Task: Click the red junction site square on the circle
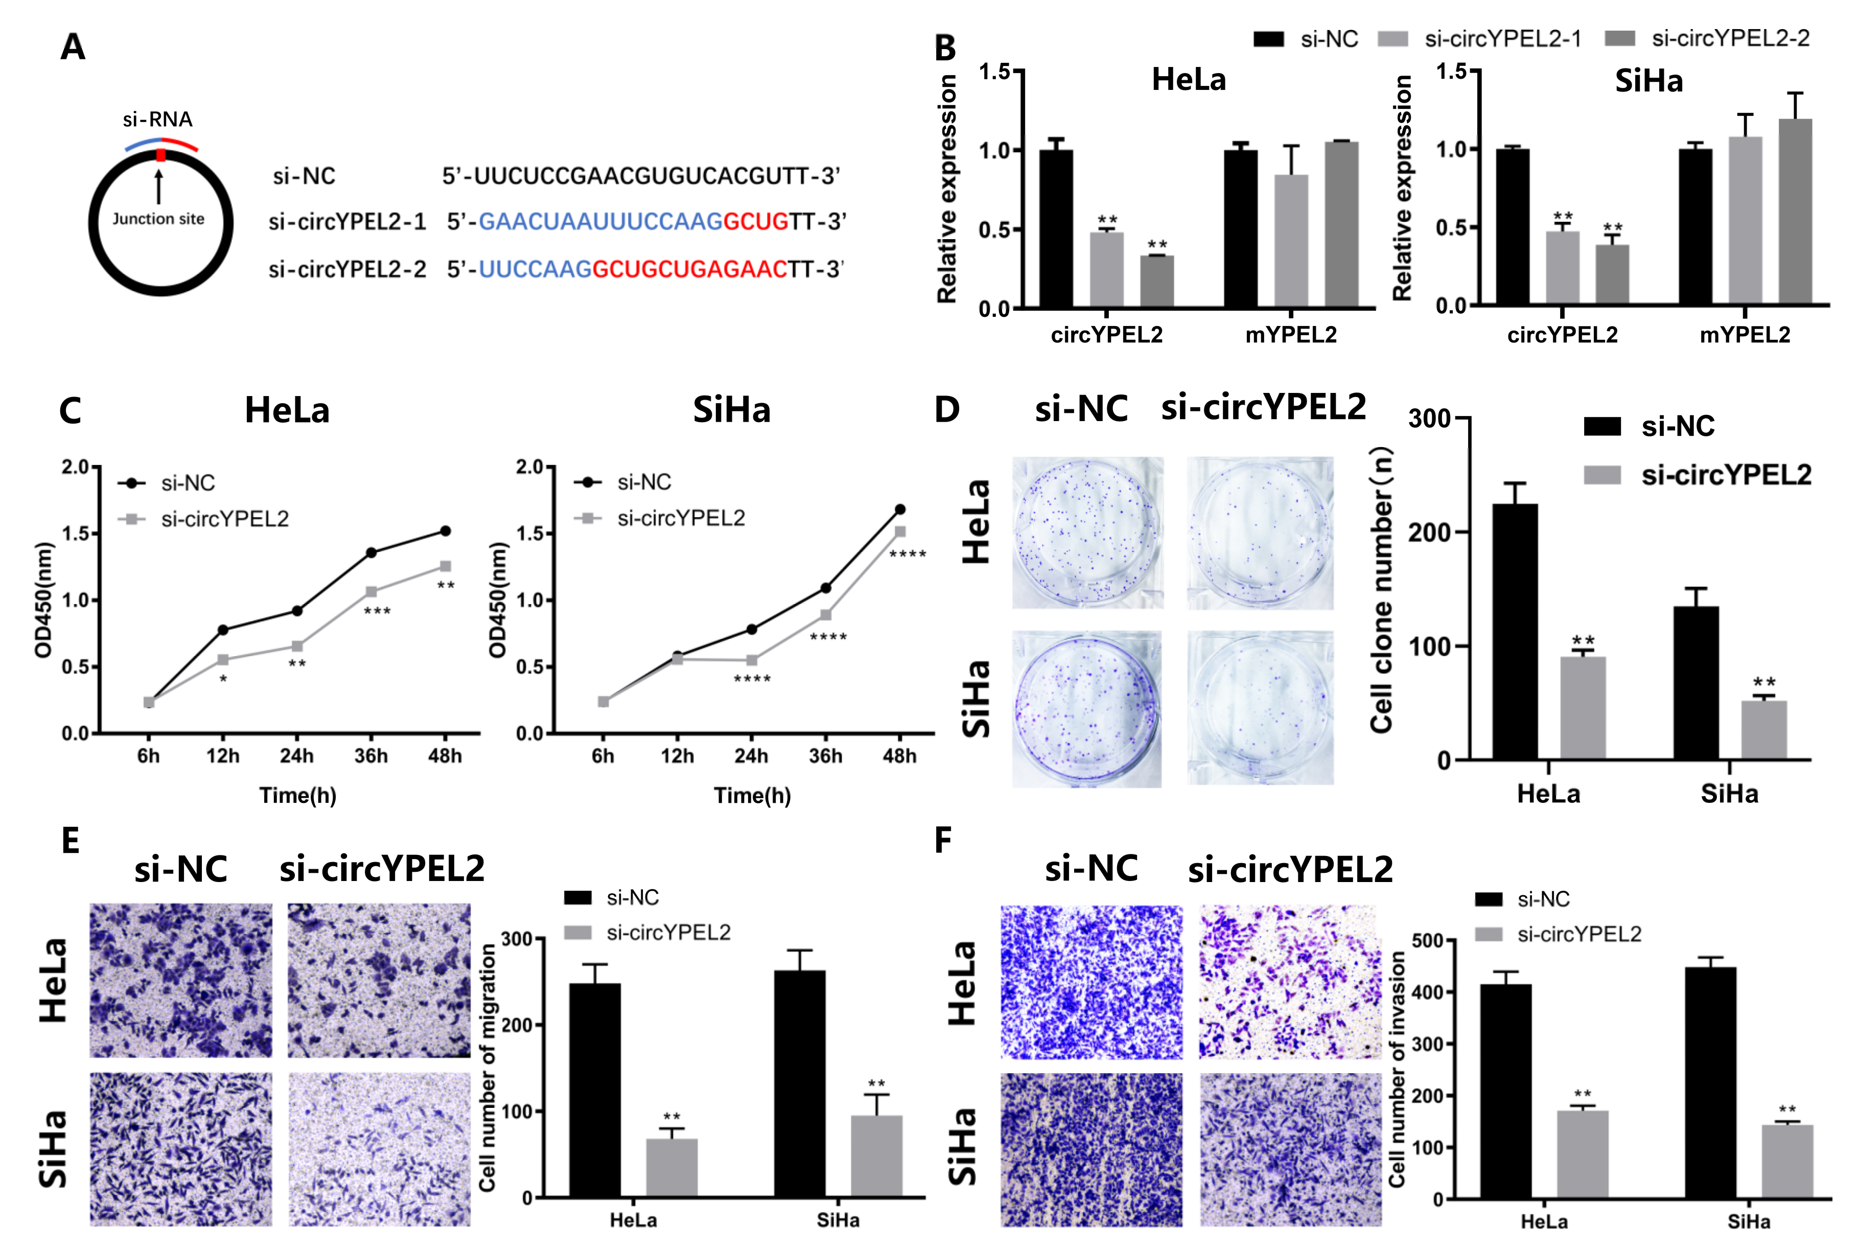160,155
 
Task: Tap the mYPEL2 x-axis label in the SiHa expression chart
1745,335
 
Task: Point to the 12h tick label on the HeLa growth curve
223,755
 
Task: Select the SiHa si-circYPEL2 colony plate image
1260,708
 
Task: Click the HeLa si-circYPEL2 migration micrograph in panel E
379,981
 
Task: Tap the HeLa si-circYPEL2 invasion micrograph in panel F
1290,982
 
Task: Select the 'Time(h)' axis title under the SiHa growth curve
752,796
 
